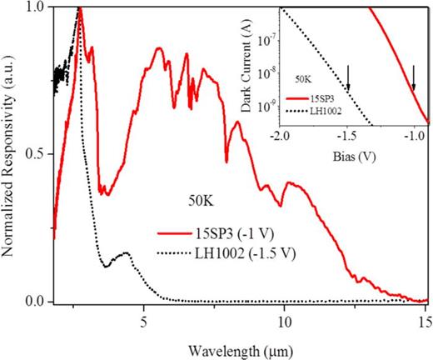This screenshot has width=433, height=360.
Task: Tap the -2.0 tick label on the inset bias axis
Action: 280,135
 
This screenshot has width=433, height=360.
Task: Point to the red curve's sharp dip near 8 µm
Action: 226,160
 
